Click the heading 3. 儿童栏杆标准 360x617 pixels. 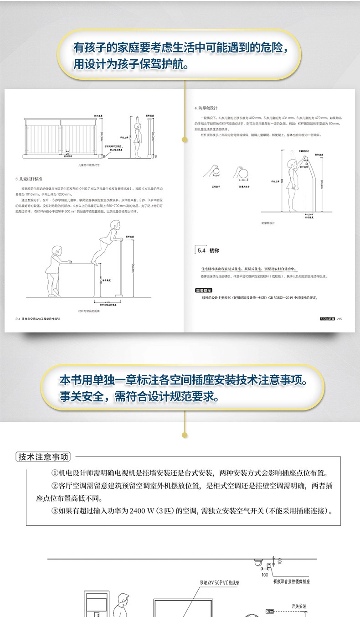pos(30,179)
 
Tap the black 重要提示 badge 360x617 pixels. pos(203,290)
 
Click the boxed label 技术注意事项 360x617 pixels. pos(44,457)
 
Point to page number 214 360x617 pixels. pos(12,319)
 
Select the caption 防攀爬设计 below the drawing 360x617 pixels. pos(269,223)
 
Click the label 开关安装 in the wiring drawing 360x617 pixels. pos(298,607)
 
